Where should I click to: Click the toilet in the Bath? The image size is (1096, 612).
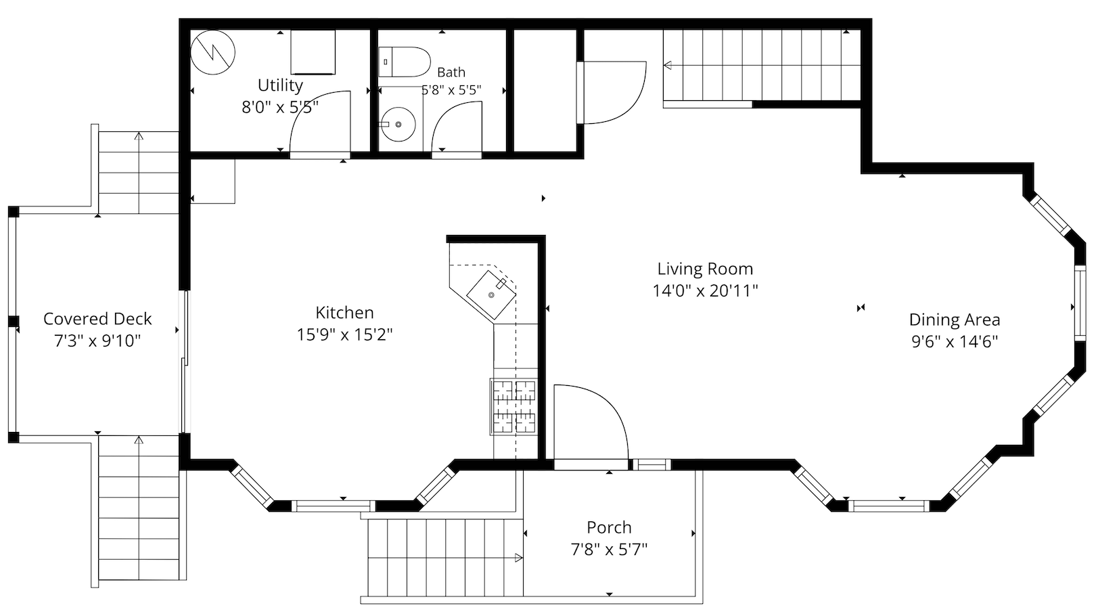point(404,62)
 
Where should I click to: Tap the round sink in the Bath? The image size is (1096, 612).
point(398,125)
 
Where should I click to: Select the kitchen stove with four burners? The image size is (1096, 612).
point(513,406)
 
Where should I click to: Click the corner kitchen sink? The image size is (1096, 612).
point(491,294)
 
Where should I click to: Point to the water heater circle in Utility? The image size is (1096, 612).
point(212,52)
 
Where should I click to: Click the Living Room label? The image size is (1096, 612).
point(705,269)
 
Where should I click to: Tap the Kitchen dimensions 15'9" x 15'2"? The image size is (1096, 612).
point(345,335)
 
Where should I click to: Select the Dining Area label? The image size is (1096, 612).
point(955,320)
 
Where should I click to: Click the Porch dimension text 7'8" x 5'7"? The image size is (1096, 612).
point(609,549)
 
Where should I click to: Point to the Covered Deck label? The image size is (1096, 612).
point(97,319)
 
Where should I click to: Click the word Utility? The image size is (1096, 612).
point(280,86)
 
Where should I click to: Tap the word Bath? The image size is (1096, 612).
point(451,72)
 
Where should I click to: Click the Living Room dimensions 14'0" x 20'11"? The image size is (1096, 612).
point(705,291)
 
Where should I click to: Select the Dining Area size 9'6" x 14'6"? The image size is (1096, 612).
point(955,341)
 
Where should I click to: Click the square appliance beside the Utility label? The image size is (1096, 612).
point(313,52)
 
